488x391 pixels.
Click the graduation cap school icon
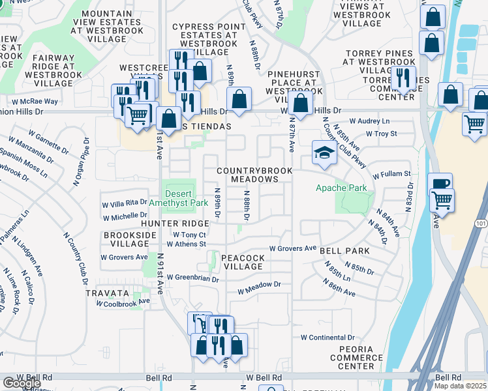(x=324, y=153)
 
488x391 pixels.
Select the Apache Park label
(x=341, y=188)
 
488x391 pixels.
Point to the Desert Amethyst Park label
(x=178, y=198)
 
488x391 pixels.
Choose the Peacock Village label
(x=242, y=263)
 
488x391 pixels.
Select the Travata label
(x=103, y=293)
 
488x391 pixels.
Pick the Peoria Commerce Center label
(x=356, y=358)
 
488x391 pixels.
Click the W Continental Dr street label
(x=327, y=338)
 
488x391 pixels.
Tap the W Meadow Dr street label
(x=259, y=285)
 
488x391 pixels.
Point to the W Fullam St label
(x=391, y=175)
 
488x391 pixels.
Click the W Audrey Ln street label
(x=369, y=121)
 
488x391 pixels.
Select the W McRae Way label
(x=33, y=102)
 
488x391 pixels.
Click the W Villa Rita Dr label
(x=125, y=203)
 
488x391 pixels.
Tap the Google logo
(x=22, y=383)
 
